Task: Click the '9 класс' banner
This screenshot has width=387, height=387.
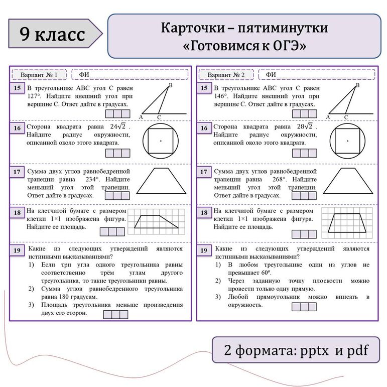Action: (53, 34)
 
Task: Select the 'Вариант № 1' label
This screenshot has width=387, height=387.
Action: (39, 75)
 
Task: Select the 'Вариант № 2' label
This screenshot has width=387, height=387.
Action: (226, 75)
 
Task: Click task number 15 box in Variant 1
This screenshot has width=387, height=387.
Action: (17, 89)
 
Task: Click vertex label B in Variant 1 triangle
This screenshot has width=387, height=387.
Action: (171, 86)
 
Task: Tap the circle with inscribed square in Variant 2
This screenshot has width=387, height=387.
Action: (347, 141)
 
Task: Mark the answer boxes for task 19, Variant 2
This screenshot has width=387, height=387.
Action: (304, 307)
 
